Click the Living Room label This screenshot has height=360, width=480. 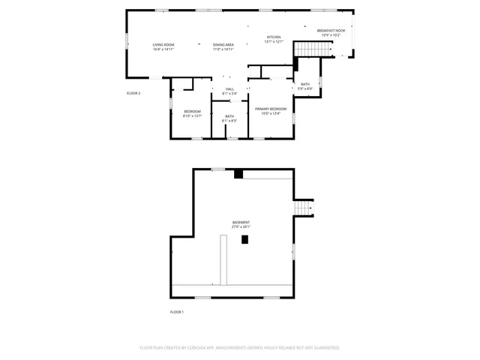click(163, 45)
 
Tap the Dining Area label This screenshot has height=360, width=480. click(223, 45)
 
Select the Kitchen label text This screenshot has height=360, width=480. click(274, 37)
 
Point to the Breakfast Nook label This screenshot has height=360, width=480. click(331, 30)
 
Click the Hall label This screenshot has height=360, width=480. click(229, 89)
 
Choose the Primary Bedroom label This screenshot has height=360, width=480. click(271, 109)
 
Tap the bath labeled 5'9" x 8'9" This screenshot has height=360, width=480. click(305, 84)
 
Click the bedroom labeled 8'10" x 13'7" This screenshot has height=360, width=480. click(193, 112)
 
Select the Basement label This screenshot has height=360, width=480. click(241, 223)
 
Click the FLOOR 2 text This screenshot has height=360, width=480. click(133, 93)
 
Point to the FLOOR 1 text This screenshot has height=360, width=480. click(177, 311)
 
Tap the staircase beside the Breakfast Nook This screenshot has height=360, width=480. click(313, 49)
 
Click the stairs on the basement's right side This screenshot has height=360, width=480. click(303, 207)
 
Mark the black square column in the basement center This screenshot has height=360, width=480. click(244, 239)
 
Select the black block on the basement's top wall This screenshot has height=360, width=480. click(238, 174)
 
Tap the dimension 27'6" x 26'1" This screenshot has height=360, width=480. click(241, 227)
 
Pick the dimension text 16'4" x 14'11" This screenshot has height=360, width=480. click(163, 49)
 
